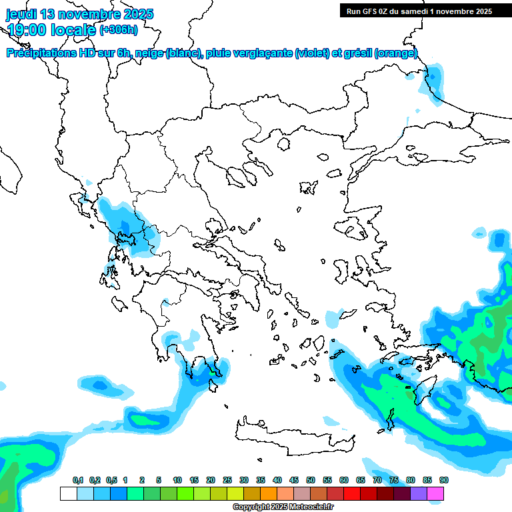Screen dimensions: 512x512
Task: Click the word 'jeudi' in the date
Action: [x=21, y=14]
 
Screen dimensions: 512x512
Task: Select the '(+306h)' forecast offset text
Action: [x=119, y=29]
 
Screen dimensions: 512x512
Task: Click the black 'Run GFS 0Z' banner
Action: [x=419, y=11]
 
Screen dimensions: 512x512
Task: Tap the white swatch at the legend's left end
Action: [x=68, y=493]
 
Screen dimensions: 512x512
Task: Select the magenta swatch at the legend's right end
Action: [x=435, y=493]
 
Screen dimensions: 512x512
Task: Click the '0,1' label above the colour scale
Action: [x=78, y=480]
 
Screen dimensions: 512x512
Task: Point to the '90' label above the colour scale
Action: [x=444, y=480]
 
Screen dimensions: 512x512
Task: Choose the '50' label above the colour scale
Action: [x=311, y=480]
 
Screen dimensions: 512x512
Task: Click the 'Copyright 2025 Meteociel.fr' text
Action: [x=283, y=507]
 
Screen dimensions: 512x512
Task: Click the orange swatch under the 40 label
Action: [x=269, y=493]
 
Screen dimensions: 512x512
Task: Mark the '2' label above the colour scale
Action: [x=142, y=480]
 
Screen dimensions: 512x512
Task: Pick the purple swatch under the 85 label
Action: [x=419, y=493]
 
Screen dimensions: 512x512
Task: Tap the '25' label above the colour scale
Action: [x=227, y=480]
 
